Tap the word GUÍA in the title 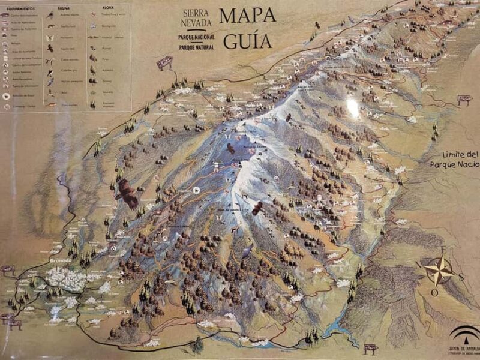coord(247,41)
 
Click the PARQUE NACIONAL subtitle coord(196,37)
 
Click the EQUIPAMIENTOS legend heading coord(16,9)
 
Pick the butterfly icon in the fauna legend coord(50,37)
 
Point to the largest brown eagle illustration coord(127,194)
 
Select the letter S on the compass coord(461,277)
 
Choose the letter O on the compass coord(434,292)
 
